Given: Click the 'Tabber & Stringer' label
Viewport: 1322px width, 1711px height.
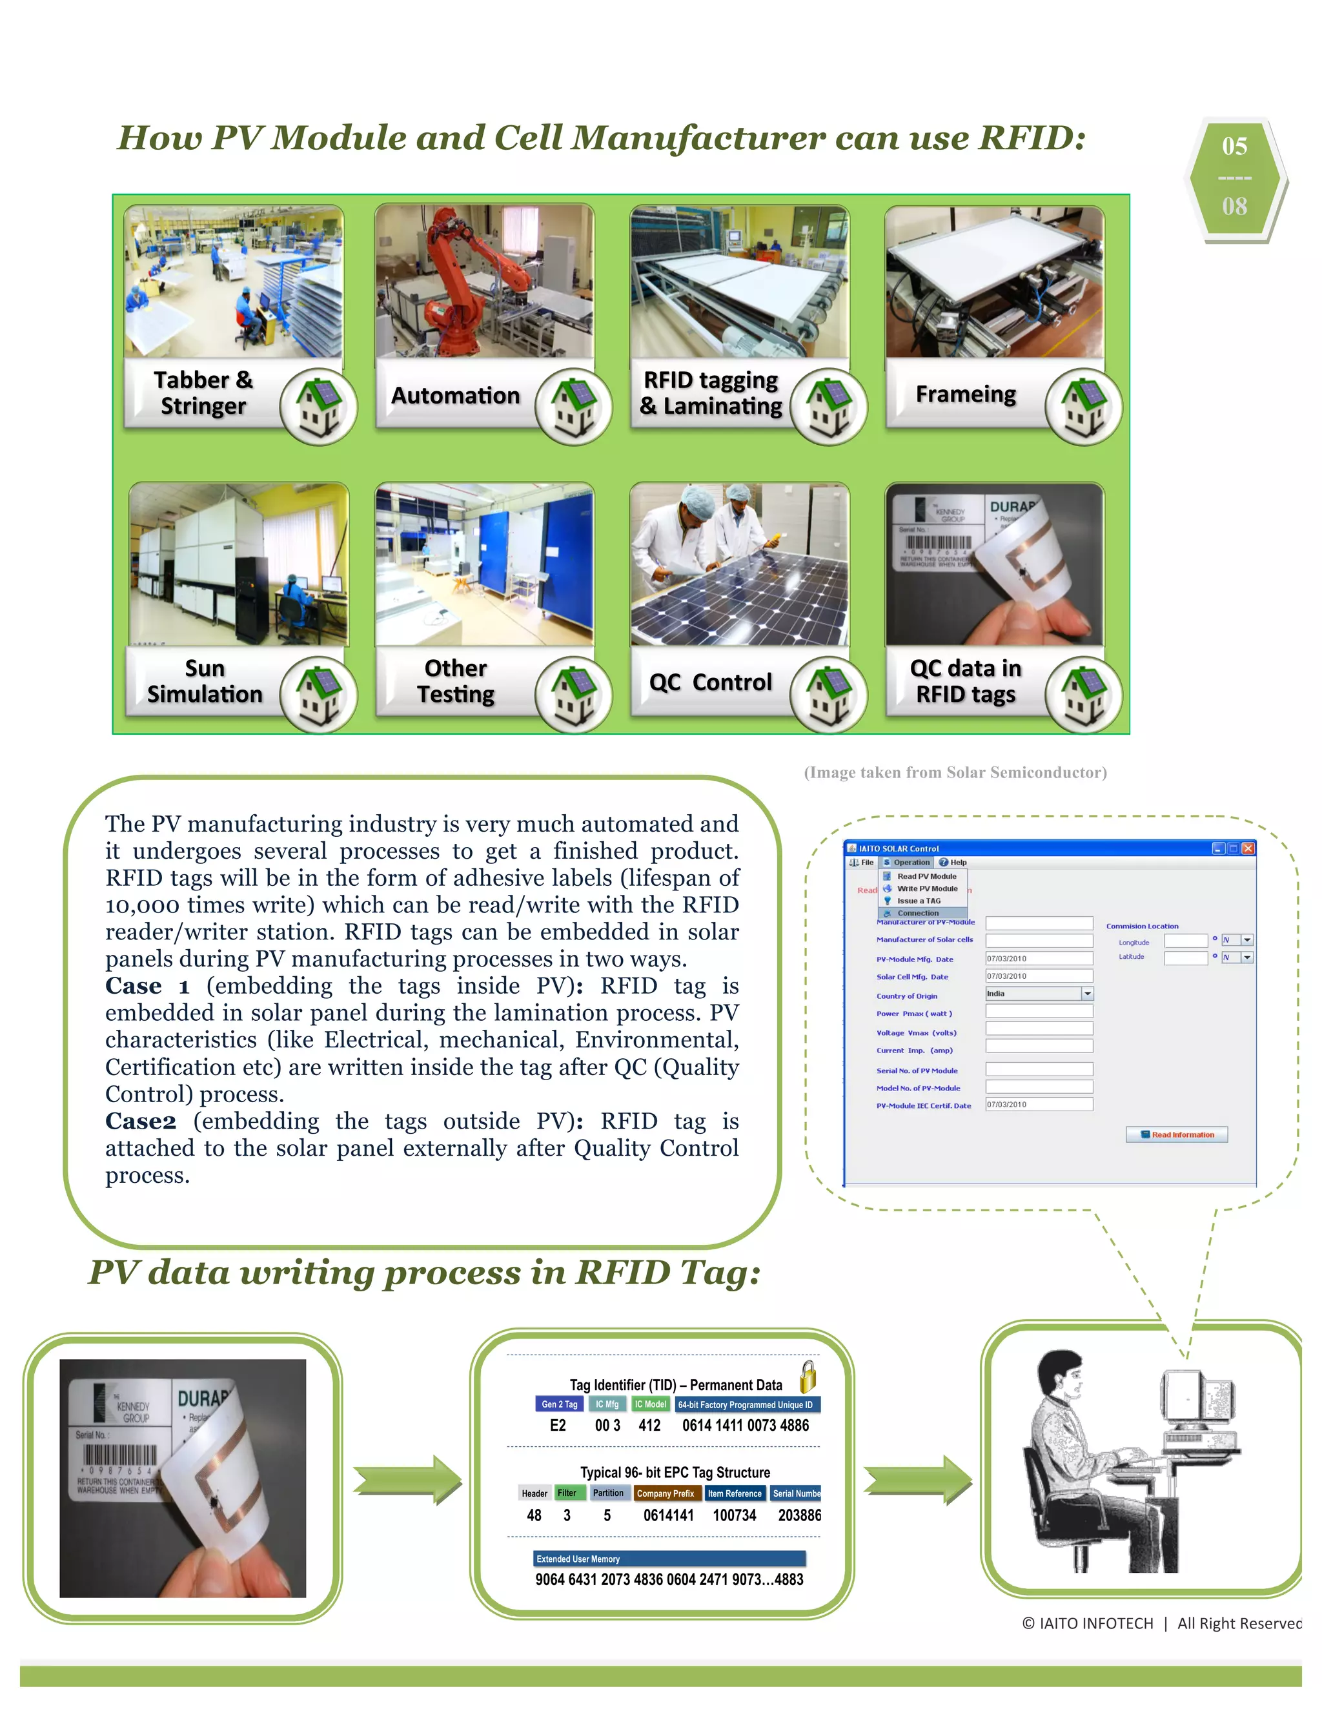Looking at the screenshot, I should [203, 393].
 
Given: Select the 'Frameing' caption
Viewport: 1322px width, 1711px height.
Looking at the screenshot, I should [966, 394].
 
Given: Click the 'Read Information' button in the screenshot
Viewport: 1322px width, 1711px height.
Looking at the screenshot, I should [1176, 1134].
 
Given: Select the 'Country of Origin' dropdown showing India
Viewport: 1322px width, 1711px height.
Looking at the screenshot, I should [1039, 994].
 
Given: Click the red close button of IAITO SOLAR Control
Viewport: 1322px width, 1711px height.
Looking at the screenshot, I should [1248, 848].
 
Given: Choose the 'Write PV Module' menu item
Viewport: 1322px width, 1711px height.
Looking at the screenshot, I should [926, 888].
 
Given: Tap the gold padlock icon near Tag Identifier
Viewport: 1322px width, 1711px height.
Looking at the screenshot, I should [808, 1377].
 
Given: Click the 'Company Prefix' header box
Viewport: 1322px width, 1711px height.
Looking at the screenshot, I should [665, 1493].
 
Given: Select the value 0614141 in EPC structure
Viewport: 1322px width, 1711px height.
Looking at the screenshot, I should [668, 1515].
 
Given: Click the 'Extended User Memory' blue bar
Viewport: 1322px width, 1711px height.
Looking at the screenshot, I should [669, 1559].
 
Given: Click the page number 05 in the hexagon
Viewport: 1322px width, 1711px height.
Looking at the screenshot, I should [1234, 147].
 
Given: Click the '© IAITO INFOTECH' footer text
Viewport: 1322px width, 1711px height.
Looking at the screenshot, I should [1088, 1623].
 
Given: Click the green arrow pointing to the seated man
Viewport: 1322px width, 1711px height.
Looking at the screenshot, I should [917, 1479].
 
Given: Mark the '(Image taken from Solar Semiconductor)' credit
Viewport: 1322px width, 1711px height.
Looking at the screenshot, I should [955, 772].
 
